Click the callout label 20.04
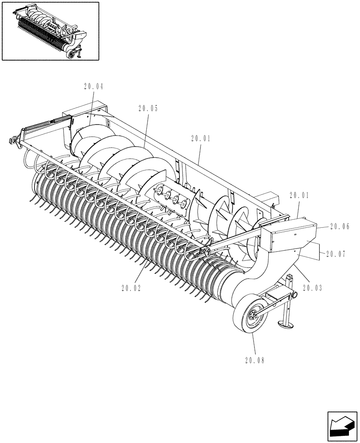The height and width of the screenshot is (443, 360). click(x=93, y=87)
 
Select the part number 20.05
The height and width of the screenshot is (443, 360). click(x=148, y=108)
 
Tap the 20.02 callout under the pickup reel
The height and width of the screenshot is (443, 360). click(x=131, y=288)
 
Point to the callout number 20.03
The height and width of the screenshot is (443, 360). click(x=313, y=288)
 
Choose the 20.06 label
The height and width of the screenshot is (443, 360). click(x=340, y=226)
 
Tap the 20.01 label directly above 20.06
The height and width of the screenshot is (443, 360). click(x=300, y=194)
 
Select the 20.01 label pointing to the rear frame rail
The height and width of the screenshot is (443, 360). click(x=202, y=139)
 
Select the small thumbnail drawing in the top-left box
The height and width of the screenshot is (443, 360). click(x=50, y=31)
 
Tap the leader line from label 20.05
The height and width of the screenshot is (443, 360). click(x=145, y=129)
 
